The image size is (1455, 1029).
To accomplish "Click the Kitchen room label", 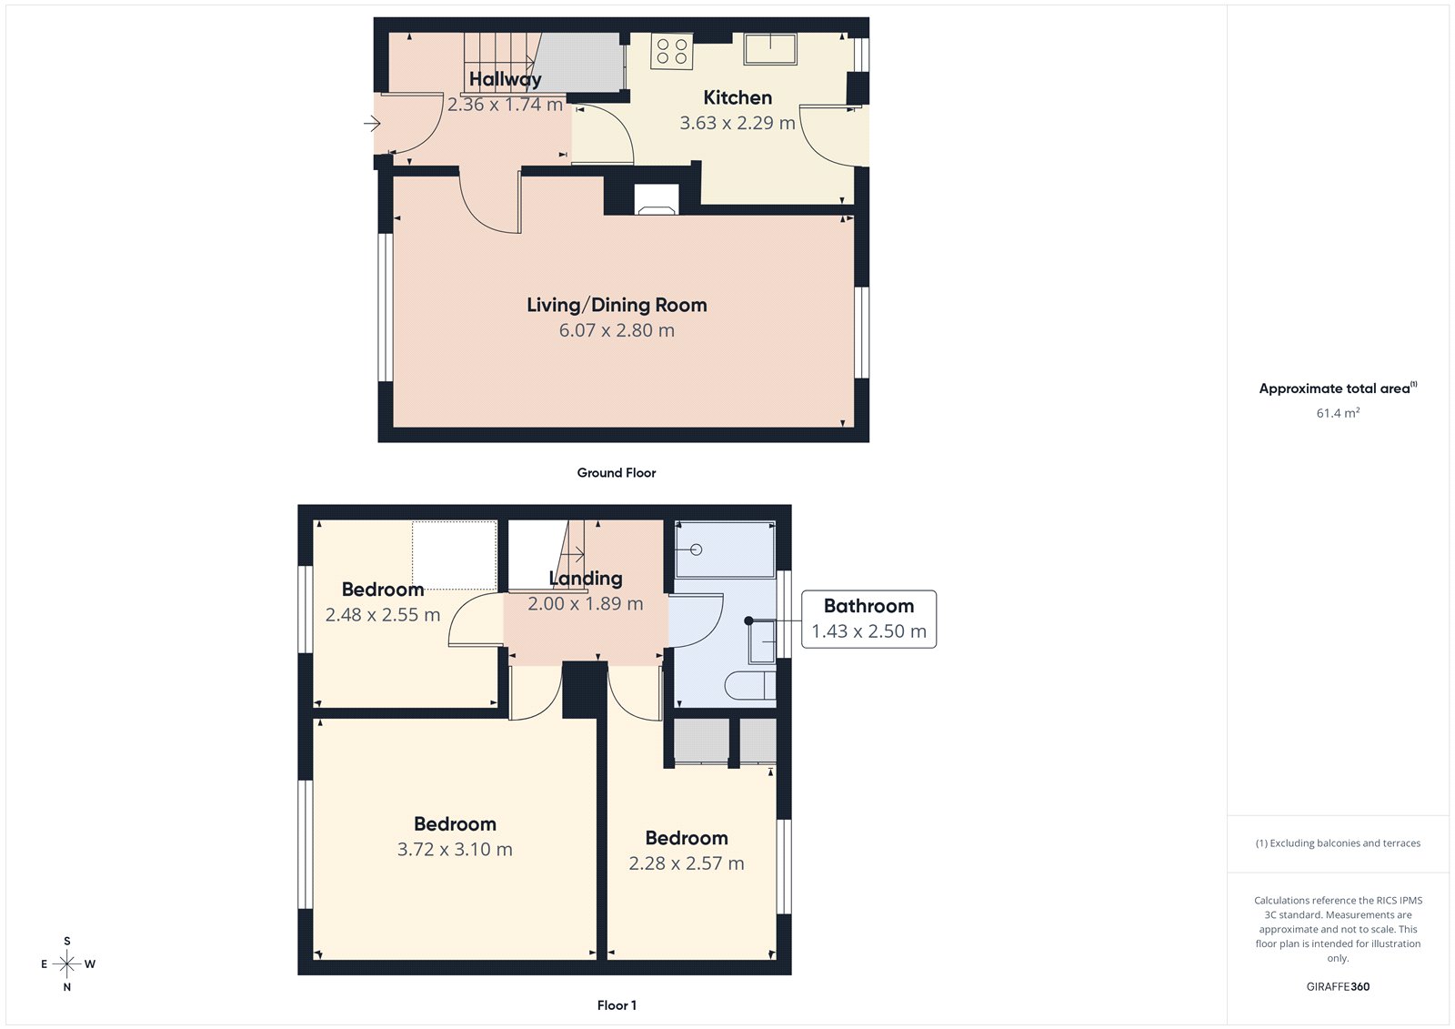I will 738,97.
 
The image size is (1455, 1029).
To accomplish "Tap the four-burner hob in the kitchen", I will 672,51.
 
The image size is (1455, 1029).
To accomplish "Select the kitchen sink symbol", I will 770,48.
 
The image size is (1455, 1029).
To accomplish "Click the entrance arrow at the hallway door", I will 371,124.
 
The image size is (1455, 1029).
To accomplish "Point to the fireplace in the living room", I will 656,200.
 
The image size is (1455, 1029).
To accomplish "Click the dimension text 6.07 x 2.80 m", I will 617,331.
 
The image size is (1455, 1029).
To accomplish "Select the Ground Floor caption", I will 616,473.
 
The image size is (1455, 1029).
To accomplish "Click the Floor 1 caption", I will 617,1005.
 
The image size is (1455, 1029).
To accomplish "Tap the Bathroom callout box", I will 868,620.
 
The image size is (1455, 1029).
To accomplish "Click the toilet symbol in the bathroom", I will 749,685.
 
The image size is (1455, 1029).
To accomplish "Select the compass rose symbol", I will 67,963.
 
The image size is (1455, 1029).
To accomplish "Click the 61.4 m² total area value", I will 1338,413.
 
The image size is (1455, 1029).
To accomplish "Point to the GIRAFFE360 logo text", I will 1338,986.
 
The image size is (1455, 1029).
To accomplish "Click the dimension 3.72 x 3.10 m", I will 455,850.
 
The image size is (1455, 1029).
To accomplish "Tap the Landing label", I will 586,579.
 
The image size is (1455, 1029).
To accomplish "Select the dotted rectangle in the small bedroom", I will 454,555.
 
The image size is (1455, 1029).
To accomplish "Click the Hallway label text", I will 505,79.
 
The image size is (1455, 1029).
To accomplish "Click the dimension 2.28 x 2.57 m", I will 687,863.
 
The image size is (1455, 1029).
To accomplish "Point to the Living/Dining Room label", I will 617,306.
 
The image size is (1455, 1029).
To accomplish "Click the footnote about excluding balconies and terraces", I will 1338,843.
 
